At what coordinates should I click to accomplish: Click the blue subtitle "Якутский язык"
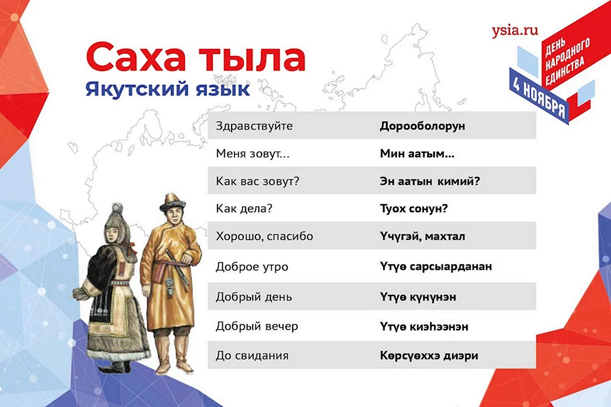(168, 89)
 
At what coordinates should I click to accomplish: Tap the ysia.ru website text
(515, 31)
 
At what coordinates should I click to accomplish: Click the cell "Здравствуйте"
(254, 126)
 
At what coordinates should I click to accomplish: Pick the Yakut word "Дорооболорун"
(422, 126)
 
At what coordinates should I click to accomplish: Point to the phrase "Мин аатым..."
(417, 153)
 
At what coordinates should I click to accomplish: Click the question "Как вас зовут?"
(258, 182)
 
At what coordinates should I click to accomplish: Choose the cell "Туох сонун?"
(414, 209)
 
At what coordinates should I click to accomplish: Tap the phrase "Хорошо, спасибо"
(264, 237)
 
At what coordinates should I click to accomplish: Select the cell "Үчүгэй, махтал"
(422, 237)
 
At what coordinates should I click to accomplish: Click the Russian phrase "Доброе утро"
(252, 267)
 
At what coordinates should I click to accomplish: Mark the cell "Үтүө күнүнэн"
(418, 297)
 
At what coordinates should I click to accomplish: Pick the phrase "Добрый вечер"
(257, 326)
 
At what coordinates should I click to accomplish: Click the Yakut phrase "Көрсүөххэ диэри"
(429, 355)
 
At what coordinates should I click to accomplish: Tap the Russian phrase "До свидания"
(252, 355)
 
